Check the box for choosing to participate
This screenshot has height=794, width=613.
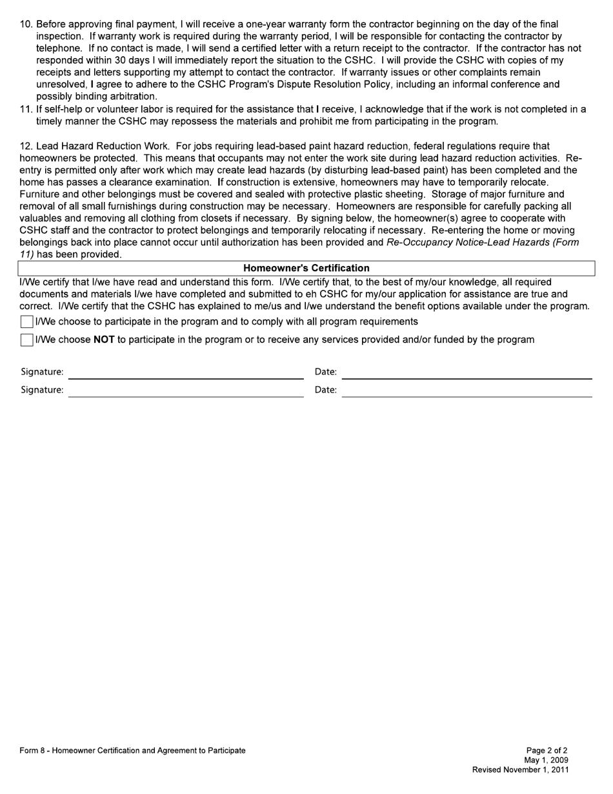[26, 321]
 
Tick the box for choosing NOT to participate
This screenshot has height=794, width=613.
[26, 340]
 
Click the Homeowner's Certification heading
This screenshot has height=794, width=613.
[306, 268]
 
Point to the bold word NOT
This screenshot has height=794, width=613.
[104, 340]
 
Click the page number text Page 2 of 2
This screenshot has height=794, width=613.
[547, 751]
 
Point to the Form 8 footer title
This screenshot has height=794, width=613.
[132, 751]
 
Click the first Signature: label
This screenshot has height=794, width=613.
[42, 372]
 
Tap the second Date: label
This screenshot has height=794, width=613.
[325, 390]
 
